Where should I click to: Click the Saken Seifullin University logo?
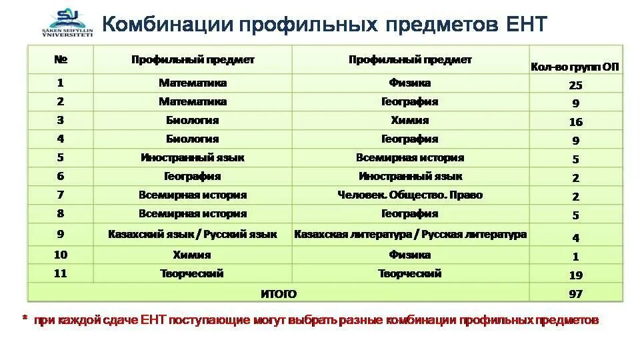(x=64, y=24)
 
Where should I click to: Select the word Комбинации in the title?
(x=167, y=25)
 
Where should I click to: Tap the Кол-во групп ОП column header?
(x=575, y=67)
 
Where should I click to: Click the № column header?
(x=60, y=60)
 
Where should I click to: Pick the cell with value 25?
(x=575, y=85)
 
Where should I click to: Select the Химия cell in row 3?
(x=410, y=121)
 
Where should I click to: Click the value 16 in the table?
(x=575, y=122)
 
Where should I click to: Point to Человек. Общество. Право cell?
(x=410, y=195)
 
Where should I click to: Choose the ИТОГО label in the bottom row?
(x=278, y=293)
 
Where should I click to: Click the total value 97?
(x=575, y=294)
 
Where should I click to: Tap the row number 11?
(x=60, y=273)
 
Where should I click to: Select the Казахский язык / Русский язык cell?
(x=193, y=235)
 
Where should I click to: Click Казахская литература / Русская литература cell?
(x=410, y=235)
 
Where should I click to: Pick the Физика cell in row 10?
(x=410, y=255)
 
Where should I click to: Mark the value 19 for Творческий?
(x=575, y=275)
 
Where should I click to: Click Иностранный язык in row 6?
(x=410, y=177)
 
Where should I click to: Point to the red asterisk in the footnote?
(x=24, y=319)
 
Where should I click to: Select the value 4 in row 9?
(x=575, y=238)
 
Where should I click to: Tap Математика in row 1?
(x=193, y=83)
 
